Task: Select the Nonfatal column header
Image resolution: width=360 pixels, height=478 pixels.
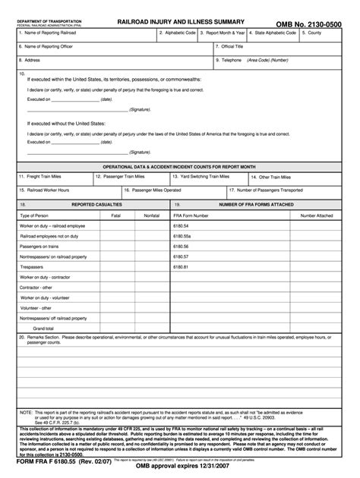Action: pos(151,216)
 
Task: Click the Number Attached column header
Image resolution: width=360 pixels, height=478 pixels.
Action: pos(317,216)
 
